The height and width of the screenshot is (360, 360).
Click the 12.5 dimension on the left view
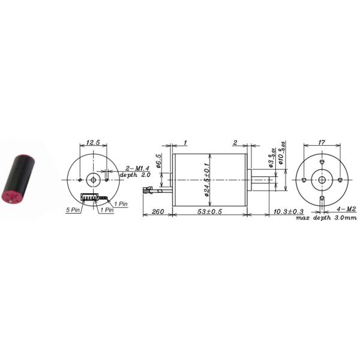tap(92, 143)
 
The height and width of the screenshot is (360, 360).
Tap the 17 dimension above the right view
tap(322, 143)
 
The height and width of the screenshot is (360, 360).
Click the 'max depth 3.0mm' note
tap(325, 217)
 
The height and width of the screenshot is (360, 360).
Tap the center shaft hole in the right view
tap(322, 180)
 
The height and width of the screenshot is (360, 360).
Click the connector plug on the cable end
tap(147, 190)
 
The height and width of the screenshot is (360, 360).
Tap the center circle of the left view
tap(93, 179)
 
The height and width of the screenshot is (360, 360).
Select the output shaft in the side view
tap(263, 180)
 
